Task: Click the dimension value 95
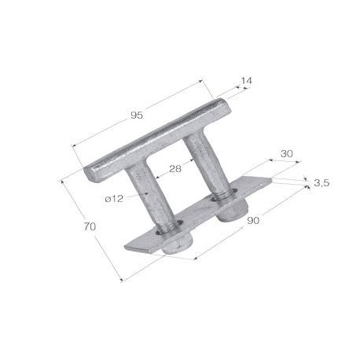[x=136, y=116]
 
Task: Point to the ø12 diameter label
[x=115, y=198]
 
